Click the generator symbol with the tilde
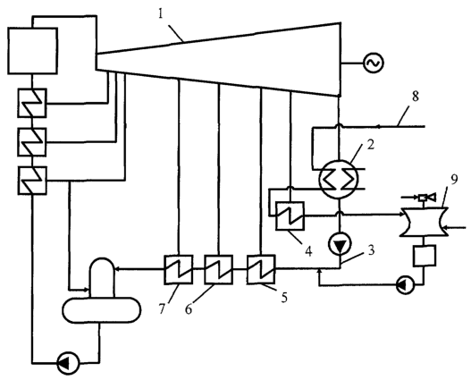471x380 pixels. click(374, 63)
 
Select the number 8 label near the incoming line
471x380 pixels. click(415, 97)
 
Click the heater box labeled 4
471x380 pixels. click(290, 215)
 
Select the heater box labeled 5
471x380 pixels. click(261, 269)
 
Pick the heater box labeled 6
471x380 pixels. click(218, 269)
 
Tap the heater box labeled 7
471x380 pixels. click(179, 269)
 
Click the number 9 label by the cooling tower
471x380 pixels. click(454, 181)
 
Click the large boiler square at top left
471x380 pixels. click(32, 51)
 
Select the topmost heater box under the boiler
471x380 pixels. click(32, 103)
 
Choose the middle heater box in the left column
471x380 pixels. click(32, 142)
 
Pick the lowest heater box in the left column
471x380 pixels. click(32, 181)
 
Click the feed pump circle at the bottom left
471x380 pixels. click(68, 363)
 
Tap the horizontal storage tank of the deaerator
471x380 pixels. click(102, 310)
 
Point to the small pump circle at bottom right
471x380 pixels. click(405, 285)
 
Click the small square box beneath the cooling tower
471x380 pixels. click(425, 256)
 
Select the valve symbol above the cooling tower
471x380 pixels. click(426, 198)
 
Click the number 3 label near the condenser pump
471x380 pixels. click(371, 250)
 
